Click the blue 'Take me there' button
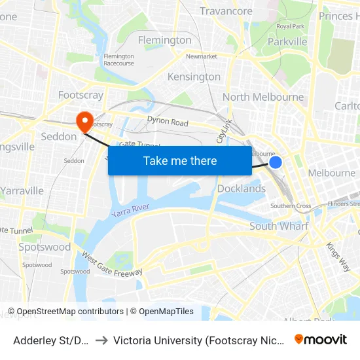180,160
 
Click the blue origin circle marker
276,162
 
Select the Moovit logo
321,339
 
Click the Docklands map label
241,189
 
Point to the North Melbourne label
263,97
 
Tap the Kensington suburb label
194,77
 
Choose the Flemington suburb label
165,40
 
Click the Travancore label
226,11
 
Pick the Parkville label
287,41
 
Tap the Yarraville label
22,190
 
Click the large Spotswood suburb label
45,247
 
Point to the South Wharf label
279,226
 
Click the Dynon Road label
168,122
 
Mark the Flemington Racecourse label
118,60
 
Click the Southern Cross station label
291,206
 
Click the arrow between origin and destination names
101,340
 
